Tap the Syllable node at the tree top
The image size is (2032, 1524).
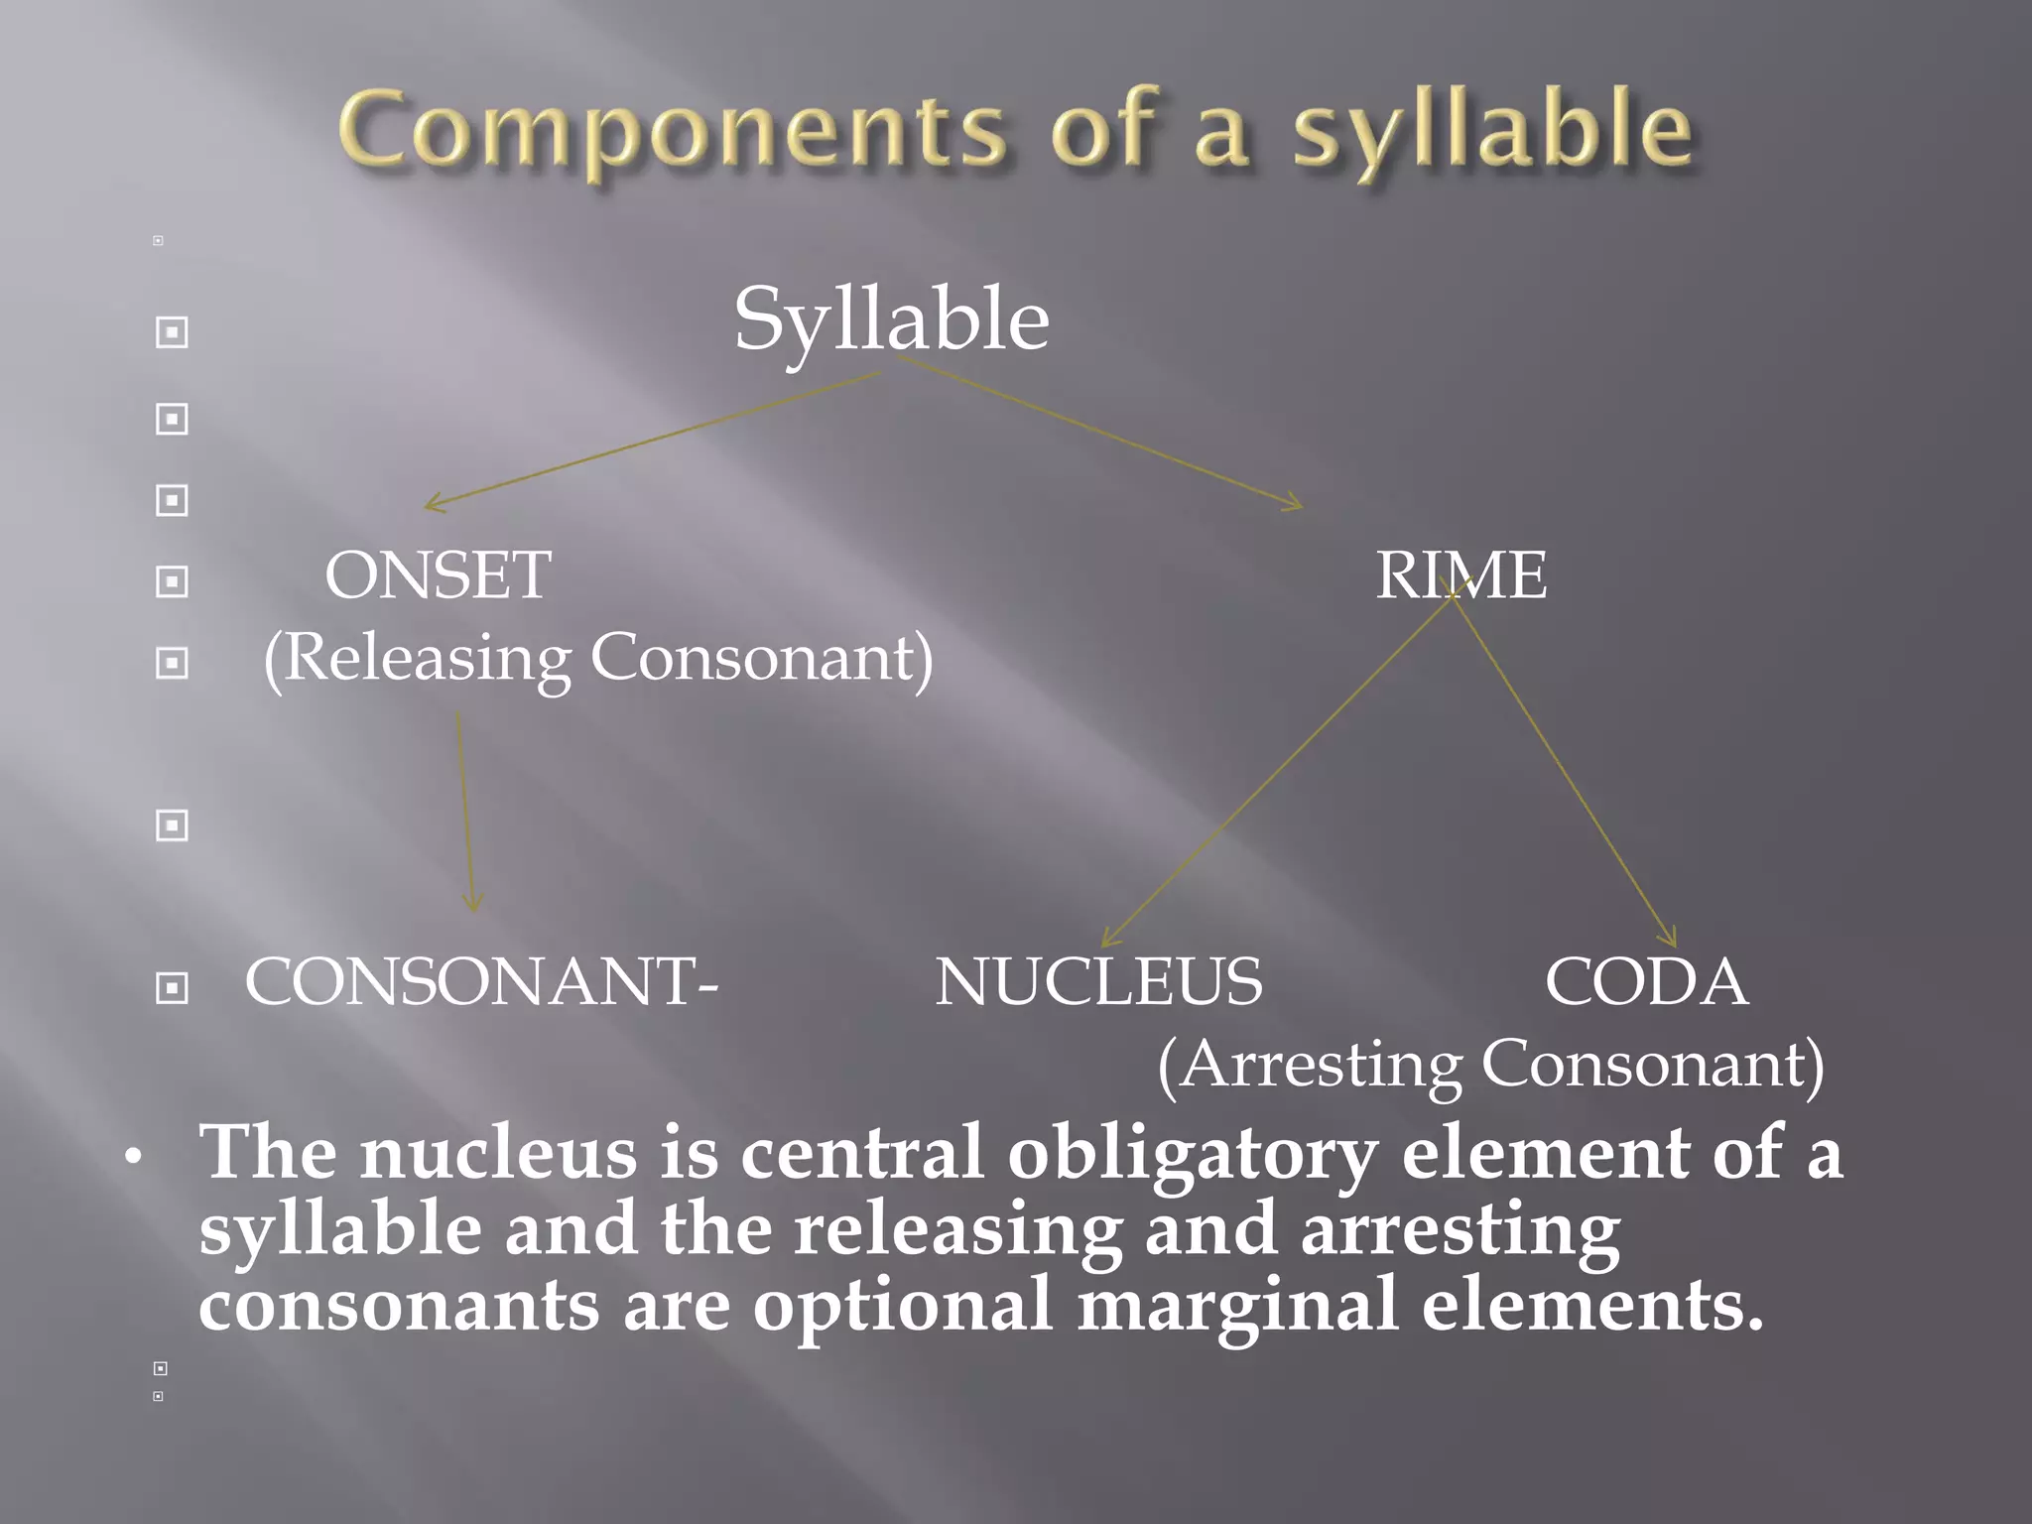pyautogui.click(x=891, y=320)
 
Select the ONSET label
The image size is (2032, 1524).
pyautogui.click(x=438, y=575)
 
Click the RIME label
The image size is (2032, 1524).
pyautogui.click(x=1460, y=575)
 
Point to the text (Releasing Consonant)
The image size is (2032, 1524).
pyautogui.click(x=598, y=658)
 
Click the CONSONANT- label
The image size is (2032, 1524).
pyautogui.click(x=481, y=982)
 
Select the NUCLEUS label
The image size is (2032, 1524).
pyautogui.click(x=1098, y=982)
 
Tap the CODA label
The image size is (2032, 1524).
pyautogui.click(x=1646, y=982)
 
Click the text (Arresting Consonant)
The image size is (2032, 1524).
pyautogui.click(x=1490, y=1065)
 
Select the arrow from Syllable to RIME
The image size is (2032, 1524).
pyautogui.click(x=1101, y=434)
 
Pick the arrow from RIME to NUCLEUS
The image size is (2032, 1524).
pyautogui.click(x=1280, y=764)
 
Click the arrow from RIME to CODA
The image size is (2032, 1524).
pyautogui.click(x=1563, y=764)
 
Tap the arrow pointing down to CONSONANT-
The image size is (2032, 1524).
pyautogui.click(x=465, y=809)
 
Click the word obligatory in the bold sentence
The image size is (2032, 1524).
pyautogui.click(x=1192, y=1153)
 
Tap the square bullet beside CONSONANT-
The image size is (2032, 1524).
pyautogui.click(x=172, y=987)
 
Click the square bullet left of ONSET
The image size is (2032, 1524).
pyautogui.click(x=172, y=581)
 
